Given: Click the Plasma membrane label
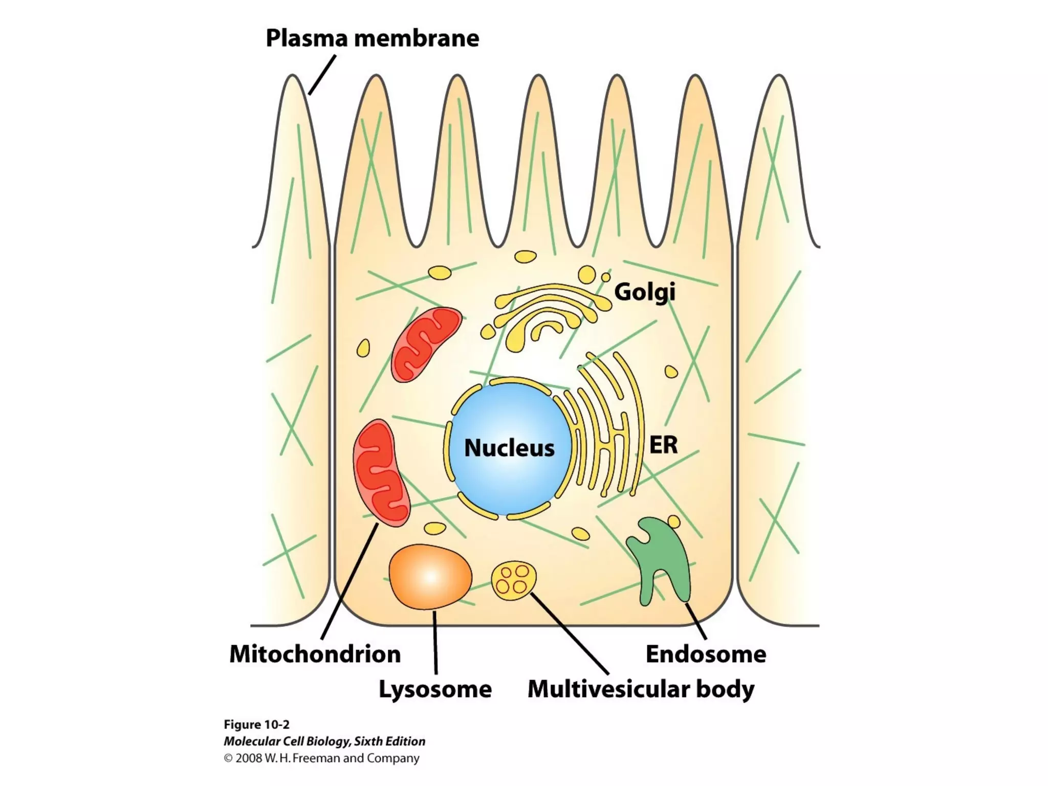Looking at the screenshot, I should pyautogui.click(x=372, y=38).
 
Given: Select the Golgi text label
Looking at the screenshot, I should pyautogui.click(x=644, y=292).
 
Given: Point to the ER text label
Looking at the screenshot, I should pyautogui.click(x=663, y=445).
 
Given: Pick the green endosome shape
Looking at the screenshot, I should pyautogui.click(x=660, y=558).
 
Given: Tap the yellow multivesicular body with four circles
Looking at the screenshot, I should pyautogui.click(x=514, y=579).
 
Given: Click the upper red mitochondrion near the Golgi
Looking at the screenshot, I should pyautogui.click(x=424, y=344).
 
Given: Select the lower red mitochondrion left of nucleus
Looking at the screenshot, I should pyautogui.click(x=381, y=473).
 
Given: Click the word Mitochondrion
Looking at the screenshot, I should pyautogui.click(x=315, y=654).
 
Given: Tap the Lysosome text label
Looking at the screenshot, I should pyautogui.click(x=435, y=689).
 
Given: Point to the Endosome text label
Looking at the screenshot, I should pyautogui.click(x=706, y=654).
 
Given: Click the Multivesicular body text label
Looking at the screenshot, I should pyautogui.click(x=641, y=689).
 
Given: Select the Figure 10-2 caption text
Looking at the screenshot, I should pyautogui.click(x=256, y=725).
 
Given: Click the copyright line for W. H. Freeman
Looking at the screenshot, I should pyautogui.click(x=321, y=758).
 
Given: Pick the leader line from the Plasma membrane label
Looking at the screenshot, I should pyautogui.click(x=322, y=75).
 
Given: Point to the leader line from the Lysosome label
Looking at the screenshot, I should pyautogui.click(x=435, y=642).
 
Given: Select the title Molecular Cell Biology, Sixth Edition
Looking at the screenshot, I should pyautogui.click(x=324, y=741).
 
